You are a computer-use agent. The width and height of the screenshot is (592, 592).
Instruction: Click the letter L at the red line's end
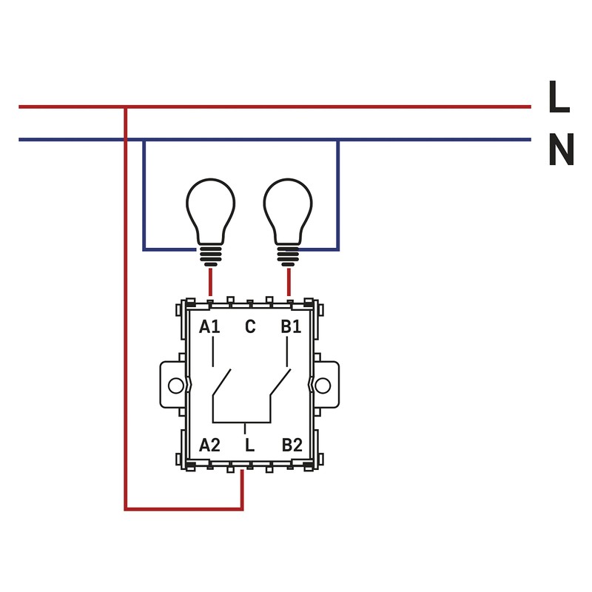[x=559, y=98]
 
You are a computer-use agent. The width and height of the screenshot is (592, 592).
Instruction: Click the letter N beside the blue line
[x=561, y=151]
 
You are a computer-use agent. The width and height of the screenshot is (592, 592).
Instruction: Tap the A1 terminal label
[x=210, y=326]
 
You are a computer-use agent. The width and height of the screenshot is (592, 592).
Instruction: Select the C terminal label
[x=250, y=326]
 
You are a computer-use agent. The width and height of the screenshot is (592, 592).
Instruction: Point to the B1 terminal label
[x=291, y=326]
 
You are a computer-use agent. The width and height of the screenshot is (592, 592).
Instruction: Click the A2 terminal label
[x=210, y=445]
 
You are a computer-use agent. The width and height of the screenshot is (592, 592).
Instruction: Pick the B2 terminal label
[x=292, y=445]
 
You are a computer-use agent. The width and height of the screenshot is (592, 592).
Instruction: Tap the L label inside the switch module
[x=250, y=445]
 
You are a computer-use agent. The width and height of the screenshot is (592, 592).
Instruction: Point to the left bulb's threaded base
[x=210, y=256]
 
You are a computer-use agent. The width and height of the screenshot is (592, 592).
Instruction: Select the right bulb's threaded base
[x=289, y=256]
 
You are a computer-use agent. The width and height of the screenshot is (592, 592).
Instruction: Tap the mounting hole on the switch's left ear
[x=175, y=386]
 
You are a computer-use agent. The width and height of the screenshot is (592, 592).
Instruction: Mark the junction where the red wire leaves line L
[x=126, y=107]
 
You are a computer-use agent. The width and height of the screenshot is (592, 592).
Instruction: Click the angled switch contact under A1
[x=222, y=383]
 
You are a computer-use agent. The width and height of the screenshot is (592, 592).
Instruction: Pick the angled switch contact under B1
[x=279, y=383]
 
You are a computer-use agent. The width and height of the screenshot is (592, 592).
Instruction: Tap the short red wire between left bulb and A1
[x=210, y=282]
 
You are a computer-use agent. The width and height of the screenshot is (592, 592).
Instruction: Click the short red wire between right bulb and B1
[x=289, y=282]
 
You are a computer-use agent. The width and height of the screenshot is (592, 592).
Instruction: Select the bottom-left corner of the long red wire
[x=126, y=508]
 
